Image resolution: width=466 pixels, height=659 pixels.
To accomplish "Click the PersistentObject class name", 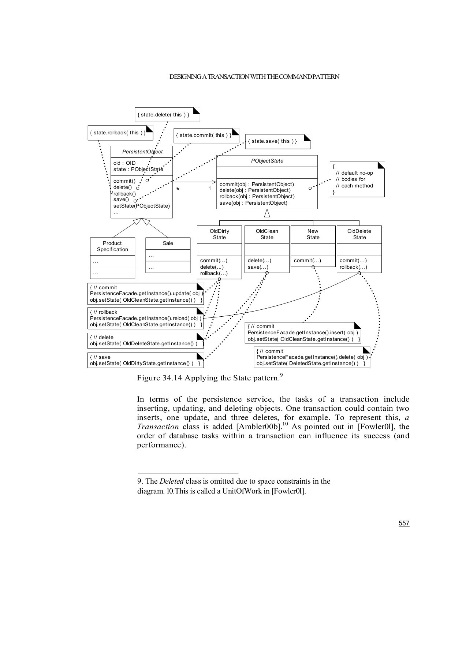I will point(142,152).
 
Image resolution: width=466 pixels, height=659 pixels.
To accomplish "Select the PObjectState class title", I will point(267,161).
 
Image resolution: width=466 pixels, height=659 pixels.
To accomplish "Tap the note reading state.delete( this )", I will point(163,115).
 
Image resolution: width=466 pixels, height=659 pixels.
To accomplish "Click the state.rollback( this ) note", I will point(118,133).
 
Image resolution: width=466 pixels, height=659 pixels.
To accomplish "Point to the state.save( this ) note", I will point(272,141).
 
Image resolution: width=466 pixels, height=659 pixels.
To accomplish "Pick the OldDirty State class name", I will point(219,234).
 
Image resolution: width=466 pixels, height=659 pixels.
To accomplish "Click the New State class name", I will point(313,234).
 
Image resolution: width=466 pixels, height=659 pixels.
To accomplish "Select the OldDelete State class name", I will point(359,234).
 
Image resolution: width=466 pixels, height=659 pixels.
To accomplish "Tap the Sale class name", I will point(168,243).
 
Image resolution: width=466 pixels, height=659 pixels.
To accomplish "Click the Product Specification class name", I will point(112,246).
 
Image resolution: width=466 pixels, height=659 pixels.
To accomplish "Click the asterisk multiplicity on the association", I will point(178,189).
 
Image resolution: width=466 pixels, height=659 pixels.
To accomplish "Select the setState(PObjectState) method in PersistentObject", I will point(142,206).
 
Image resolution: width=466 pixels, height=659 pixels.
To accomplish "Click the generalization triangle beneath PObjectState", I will point(267,213).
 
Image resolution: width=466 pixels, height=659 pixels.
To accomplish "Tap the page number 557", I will point(404,523).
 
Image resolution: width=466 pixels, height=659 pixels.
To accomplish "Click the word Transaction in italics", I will point(157,427).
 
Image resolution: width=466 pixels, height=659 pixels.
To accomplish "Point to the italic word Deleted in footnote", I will point(171,481).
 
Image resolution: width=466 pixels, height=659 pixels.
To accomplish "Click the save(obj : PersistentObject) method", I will point(253,203).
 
